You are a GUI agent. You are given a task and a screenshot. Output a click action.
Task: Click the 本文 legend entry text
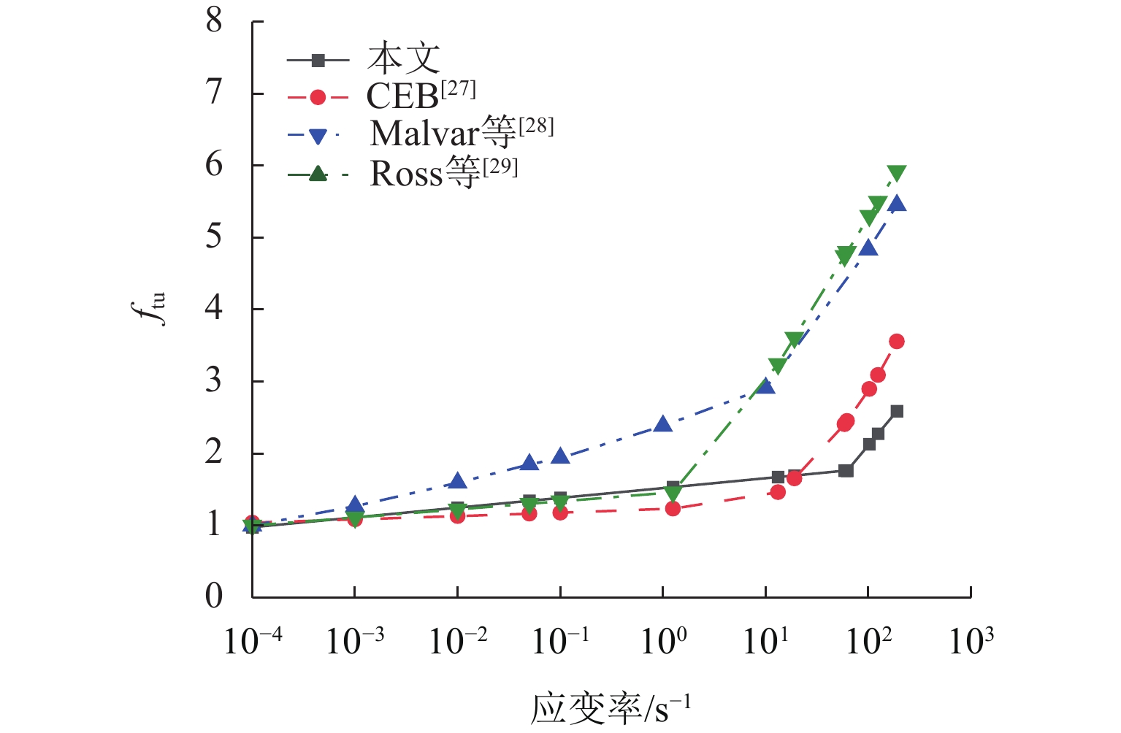click(x=404, y=58)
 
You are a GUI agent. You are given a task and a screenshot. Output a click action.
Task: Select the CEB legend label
click(x=421, y=95)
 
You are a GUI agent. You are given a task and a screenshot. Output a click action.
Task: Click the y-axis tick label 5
click(x=214, y=237)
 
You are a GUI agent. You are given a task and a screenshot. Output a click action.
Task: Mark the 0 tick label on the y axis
click(x=214, y=596)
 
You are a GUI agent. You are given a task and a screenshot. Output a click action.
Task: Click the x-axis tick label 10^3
click(x=971, y=640)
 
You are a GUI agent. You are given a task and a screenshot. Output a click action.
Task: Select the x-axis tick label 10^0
click(x=663, y=640)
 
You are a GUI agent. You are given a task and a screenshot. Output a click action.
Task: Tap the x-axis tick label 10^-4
click(x=252, y=640)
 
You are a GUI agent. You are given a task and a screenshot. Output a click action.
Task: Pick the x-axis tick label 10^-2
click(x=458, y=640)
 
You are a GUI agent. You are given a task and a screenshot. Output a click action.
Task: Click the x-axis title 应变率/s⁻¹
click(x=611, y=707)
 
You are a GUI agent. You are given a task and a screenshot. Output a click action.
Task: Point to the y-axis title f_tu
click(x=153, y=308)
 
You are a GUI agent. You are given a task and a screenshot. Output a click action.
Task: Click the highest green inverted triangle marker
click(x=897, y=173)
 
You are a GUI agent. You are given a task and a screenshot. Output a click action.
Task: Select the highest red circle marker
click(x=897, y=341)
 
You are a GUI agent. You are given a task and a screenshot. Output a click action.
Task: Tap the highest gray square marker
click(x=897, y=411)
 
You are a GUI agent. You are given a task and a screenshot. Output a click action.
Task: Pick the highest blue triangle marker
click(x=897, y=204)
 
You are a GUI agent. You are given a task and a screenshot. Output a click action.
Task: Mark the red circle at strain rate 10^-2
click(x=458, y=516)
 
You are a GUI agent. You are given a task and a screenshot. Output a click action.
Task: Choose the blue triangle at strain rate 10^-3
click(x=355, y=504)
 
